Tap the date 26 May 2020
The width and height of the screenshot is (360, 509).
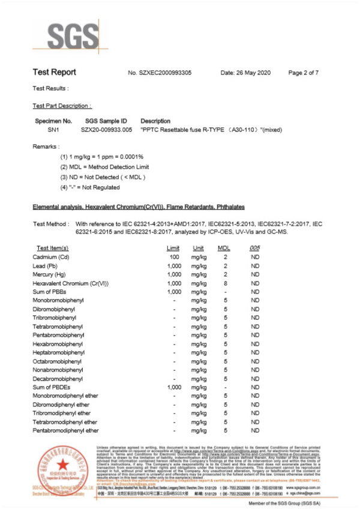[x=246, y=73]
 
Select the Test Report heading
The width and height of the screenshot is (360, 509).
[x=54, y=73]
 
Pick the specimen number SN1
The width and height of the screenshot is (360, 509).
[x=46, y=130]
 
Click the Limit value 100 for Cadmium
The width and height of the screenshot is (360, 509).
[x=175, y=256]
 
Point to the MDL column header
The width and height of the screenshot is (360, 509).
[x=224, y=247]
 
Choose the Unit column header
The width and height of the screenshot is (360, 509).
[x=198, y=247]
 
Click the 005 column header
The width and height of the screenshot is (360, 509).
[x=255, y=247]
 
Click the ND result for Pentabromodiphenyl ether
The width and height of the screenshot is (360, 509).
[x=255, y=430]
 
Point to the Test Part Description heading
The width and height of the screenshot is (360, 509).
[x=62, y=105]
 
